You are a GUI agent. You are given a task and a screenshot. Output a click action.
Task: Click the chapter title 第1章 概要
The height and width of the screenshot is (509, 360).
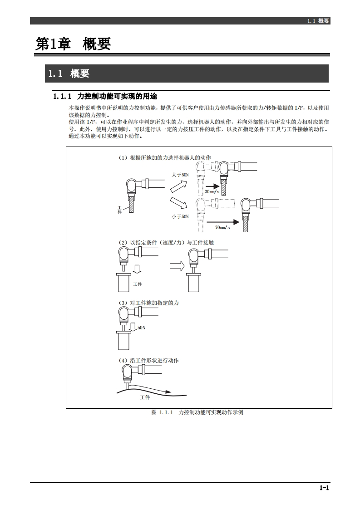pyautogui.click(x=74, y=44)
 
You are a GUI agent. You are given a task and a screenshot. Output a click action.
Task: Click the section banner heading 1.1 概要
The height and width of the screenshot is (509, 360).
pyautogui.click(x=69, y=73)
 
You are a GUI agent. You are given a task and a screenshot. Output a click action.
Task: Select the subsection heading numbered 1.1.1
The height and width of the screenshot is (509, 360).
pyautogui.click(x=105, y=96)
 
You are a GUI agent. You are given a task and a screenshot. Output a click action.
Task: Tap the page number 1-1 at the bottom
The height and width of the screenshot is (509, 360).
pyautogui.click(x=324, y=488)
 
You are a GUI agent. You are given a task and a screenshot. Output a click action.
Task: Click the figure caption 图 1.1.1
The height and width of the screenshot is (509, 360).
pyautogui.click(x=197, y=412)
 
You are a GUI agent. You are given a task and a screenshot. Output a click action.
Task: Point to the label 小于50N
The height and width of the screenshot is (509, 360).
pyautogui.click(x=180, y=217)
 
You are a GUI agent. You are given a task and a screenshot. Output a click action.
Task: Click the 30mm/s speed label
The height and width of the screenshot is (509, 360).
pyautogui.click(x=212, y=192)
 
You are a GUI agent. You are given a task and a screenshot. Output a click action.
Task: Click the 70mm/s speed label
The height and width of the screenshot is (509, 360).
pyautogui.click(x=222, y=227)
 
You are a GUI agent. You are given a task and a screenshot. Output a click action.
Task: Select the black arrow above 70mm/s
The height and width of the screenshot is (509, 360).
pyautogui.click(x=222, y=222)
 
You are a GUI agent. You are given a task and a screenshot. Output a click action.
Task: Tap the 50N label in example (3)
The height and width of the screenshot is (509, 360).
pyautogui.click(x=141, y=327)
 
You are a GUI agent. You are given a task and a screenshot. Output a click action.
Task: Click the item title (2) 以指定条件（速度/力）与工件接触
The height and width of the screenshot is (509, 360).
pyautogui.click(x=166, y=243)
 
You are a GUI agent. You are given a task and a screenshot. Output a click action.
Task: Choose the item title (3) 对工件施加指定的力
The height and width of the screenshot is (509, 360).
pyautogui.click(x=149, y=303)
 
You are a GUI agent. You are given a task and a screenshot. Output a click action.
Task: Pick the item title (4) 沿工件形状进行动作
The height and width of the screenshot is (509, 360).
pyautogui.click(x=148, y=361)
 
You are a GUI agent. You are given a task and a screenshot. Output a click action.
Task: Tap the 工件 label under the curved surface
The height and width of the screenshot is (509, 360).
pyautogui.click(x=145, y=397)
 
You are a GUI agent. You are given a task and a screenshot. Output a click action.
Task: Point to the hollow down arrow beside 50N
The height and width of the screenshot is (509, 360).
pyautogui.click(x=133, y=327)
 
